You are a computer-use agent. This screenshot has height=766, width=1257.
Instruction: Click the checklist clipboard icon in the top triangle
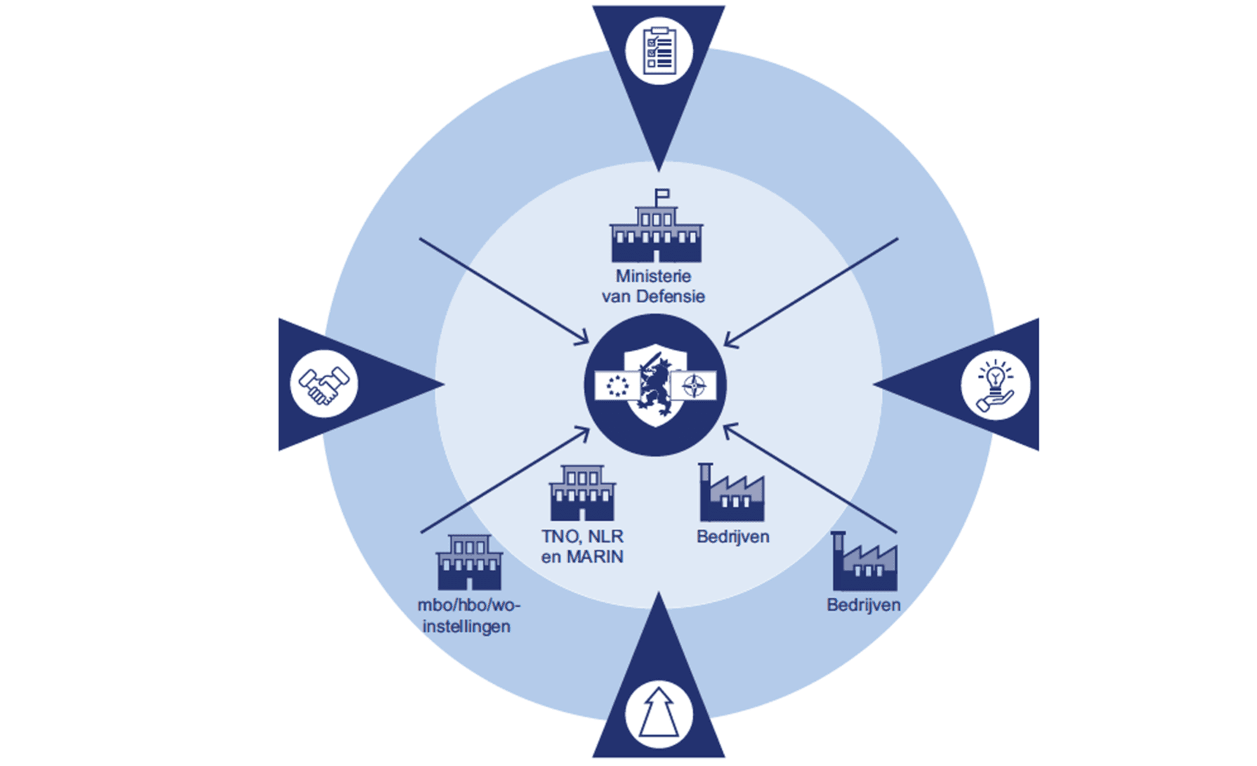click(659, 51)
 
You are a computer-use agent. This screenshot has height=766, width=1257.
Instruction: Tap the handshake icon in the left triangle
click(324, 384)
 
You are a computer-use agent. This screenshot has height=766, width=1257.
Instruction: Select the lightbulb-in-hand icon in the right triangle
click(995, 386)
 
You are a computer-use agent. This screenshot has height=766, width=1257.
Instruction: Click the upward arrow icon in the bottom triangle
click(659, 713)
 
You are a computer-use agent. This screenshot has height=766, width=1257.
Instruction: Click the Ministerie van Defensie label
click(653, 286)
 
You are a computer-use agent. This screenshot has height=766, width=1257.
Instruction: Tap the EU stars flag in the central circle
click(617, 386)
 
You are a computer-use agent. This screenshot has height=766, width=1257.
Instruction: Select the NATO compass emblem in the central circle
click(695, 385)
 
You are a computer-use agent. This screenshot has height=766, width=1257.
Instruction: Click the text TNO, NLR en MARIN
click(582, 547)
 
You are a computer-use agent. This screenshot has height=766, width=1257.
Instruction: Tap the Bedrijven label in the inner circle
click(732, 537)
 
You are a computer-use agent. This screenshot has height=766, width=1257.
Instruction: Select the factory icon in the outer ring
click(864, 561)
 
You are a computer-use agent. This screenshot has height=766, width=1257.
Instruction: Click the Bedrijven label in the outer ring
click(863, 605)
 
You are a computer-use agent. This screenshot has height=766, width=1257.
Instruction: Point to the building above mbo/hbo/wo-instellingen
click(469, 562)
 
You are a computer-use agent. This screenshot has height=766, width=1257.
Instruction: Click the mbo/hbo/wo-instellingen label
click(468, 616)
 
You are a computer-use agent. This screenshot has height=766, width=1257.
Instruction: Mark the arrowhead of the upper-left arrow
click(584, 339)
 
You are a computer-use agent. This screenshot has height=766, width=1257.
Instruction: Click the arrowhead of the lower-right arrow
click(729, 428)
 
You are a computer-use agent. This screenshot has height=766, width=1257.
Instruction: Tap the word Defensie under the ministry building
click(670, 297)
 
